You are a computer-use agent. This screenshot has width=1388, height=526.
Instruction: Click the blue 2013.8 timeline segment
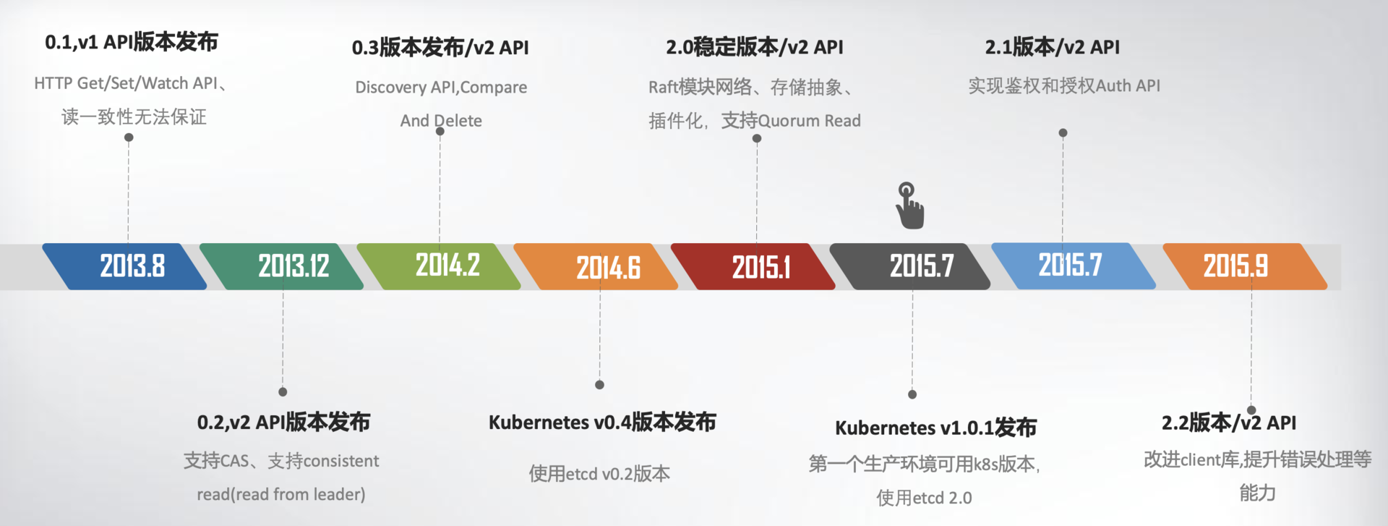pos(124,266)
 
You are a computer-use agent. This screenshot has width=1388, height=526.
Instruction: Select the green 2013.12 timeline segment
pos(282,266)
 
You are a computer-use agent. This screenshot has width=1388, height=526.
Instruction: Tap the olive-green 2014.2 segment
pos(439,266)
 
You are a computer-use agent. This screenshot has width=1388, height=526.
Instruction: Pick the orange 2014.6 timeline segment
pos(596,266)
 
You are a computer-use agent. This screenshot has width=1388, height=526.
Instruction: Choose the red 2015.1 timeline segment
pos(753,266)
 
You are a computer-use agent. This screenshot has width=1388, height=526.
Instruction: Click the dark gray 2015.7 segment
pos(910,266)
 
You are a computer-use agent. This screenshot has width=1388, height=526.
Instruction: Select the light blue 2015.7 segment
pos(1074,266)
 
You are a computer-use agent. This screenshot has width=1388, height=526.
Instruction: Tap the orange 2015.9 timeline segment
pos(1245,266)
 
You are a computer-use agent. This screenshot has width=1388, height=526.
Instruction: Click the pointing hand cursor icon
pos(909,206)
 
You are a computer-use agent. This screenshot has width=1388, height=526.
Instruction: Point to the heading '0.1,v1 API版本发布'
pos(132,42)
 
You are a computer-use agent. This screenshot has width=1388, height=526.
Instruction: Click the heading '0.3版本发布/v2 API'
pos(440,48)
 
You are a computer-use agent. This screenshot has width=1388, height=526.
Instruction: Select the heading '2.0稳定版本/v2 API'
pos(755,47)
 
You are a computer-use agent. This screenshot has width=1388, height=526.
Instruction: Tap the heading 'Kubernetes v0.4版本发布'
pos(602,423)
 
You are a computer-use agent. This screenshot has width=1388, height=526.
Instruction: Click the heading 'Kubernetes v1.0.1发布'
pos(935,428)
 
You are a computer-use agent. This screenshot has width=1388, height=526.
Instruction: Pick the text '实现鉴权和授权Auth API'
pos(1064,85)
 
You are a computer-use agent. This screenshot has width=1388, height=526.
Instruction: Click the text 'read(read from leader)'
pos(281,494)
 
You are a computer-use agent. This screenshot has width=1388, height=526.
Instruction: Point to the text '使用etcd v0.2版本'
pos(599,474)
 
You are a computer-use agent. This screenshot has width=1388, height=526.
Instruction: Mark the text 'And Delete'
pos(441,121)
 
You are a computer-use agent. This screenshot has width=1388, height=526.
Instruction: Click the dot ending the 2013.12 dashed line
pos(283,392)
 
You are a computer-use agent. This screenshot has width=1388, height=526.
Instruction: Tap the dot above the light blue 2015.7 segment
pos(1063,133)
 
